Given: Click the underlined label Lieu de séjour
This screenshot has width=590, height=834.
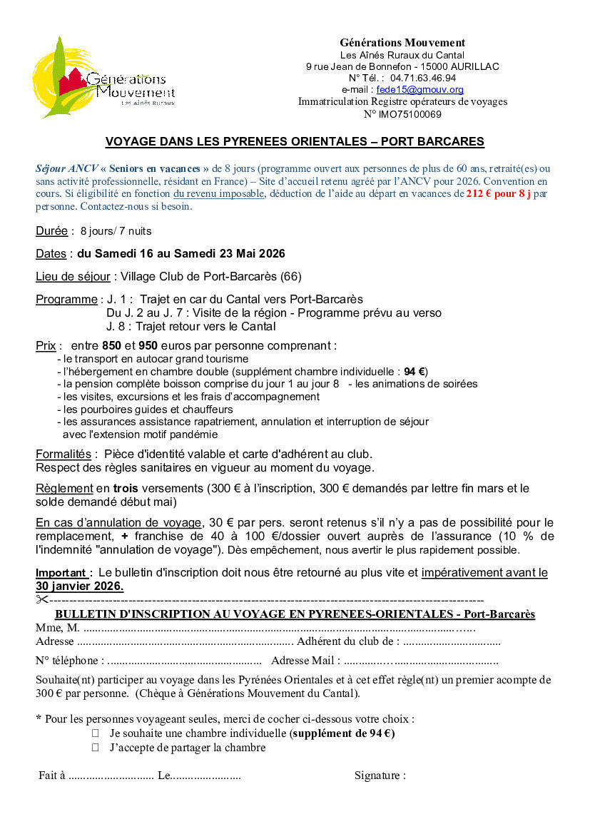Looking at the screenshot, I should [x=73, y=276].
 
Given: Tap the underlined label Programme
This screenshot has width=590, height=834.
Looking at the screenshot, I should [x=66, y=299].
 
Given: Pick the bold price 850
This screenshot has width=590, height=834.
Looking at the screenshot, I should [x=112, y=345].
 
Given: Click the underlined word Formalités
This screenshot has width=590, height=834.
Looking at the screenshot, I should [x=63, y=454].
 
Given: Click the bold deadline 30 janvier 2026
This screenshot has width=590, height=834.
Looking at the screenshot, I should [x=79, y=586].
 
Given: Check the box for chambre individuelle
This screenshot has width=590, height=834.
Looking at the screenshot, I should [x=95, y=733].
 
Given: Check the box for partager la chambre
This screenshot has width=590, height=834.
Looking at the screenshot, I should [x=95, y=748].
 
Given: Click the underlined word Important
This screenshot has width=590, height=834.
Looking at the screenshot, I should [x=62, y=573].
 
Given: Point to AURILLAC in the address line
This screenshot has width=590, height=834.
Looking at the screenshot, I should [x=470, y=66].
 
